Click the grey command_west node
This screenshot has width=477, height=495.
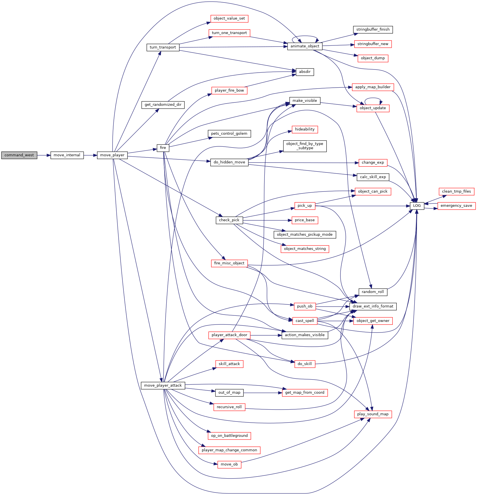(19, 155)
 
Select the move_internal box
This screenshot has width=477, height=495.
(67, 155)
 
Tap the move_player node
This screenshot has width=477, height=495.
(112, 155)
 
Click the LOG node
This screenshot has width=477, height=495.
(417, 206)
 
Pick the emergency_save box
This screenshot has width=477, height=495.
(456, 206)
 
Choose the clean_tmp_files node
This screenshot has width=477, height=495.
(456, 191)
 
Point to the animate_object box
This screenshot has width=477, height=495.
(305, 46)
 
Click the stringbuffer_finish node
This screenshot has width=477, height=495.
(373, 30)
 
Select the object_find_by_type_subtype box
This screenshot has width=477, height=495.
(305, 146)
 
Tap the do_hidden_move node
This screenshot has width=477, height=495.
(229, 162)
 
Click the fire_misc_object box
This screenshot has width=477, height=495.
(229, 263)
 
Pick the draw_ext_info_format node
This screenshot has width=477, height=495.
(373, 306)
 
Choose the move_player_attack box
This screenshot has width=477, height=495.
(163, 386)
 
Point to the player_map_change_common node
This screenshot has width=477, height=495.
(229, 450)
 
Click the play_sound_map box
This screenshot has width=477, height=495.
(373, 414)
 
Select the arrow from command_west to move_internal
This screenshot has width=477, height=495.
(44, 155)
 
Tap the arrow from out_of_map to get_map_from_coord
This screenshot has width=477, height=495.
(263, 393)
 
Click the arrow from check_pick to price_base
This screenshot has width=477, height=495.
(267, 220)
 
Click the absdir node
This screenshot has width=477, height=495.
(305, 72)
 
